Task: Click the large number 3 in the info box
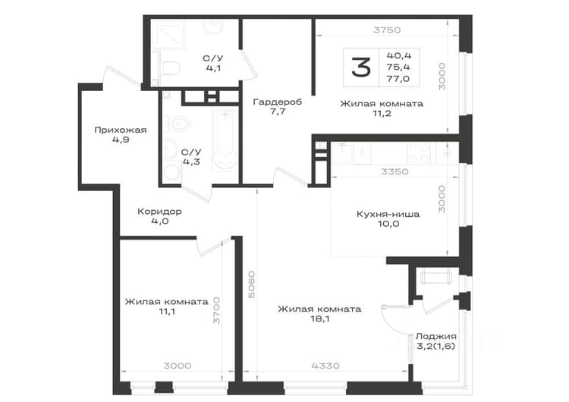coord(361,68)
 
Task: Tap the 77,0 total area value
coord(398,79)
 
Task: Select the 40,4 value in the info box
coord(399,55)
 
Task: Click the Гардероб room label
coord(277,102)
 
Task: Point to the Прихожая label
coord(121,130)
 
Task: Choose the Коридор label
coord(159,211)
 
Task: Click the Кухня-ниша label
coord(388,214)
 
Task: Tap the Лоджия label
coord(435,337)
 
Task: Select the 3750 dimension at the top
coord(387,30)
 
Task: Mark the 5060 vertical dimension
coord(251,284)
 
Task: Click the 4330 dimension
coord(325,366)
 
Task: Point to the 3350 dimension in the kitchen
coord(395,171)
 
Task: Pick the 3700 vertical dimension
coord(216,310)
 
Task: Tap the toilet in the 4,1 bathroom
coord(168,68)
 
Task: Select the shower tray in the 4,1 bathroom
coord(168,34)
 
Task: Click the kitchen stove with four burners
coord(419,152)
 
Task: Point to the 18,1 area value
coord(319,319)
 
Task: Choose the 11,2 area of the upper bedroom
coord(382,114)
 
